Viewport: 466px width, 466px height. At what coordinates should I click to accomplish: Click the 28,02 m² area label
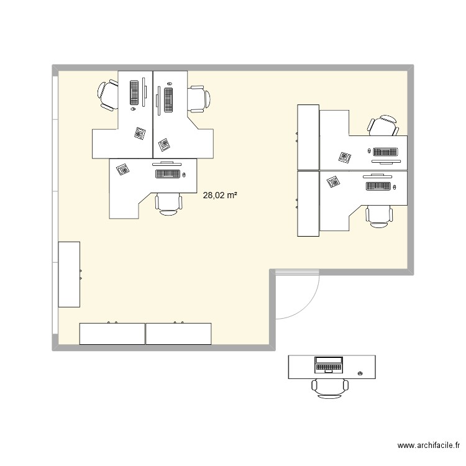[x=220, y=195]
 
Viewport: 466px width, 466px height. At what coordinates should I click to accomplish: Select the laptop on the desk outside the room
[x=329, y=364]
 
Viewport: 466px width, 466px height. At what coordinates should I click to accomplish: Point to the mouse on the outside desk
[x=361, y=373]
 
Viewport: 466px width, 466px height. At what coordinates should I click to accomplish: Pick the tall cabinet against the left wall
[x=69, y=274]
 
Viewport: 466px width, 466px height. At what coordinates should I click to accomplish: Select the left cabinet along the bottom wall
[x=112, y=334]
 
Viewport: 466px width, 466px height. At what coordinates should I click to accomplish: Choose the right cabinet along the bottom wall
[x=179, y=334]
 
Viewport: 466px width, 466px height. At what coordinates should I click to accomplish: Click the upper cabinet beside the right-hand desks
[x=308, y=137]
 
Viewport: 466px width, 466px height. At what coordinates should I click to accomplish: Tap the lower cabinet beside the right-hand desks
[x=308, y=204]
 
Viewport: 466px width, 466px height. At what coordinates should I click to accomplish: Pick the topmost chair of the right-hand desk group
[x=383, y=125]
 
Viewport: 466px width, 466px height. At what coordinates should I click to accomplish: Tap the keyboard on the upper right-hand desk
[x=387, y=152]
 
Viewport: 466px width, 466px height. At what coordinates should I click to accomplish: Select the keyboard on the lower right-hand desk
[x=378, y=186]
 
